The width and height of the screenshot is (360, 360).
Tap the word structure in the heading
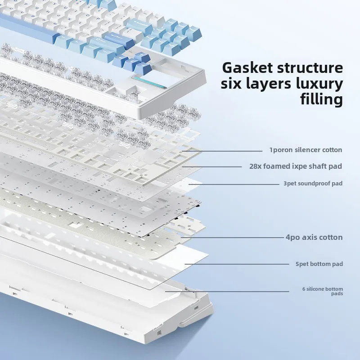tap(310, 68)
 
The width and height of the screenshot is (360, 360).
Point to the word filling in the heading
tap(321, 99)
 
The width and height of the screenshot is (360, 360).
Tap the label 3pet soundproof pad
tap(313, 184)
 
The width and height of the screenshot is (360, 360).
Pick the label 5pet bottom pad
tap(319, 264)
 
